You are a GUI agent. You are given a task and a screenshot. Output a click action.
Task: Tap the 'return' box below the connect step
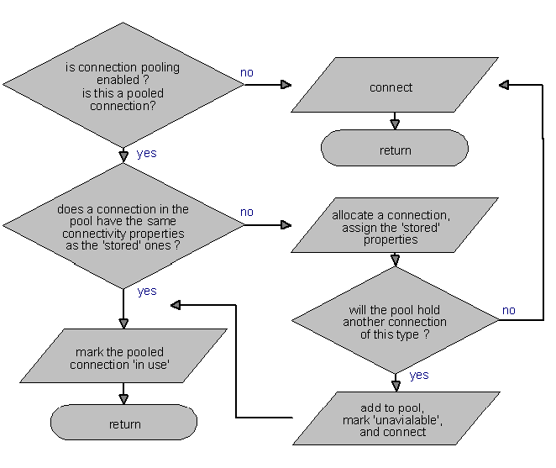395,150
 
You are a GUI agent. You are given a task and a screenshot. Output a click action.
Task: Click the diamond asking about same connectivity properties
123,226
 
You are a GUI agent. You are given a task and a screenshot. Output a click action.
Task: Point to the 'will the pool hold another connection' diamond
395,321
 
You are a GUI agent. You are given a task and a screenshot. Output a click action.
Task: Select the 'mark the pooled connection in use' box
123,358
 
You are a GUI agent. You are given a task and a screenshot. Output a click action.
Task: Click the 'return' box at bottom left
124,424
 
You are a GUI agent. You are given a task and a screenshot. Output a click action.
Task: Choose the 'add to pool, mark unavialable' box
395,418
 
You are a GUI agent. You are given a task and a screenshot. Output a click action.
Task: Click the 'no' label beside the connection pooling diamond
247,73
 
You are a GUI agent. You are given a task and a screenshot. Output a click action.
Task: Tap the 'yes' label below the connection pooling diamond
146,154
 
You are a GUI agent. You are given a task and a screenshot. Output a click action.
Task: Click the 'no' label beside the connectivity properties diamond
247,213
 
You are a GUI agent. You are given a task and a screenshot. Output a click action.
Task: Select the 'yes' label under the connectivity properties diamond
146,291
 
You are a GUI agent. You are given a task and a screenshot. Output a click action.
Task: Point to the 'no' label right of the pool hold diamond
509,310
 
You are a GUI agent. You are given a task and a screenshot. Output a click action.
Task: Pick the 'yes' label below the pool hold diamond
419,376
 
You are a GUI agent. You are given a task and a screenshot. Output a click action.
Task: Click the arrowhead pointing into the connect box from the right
505,85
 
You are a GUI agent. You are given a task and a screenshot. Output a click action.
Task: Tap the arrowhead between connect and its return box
395,124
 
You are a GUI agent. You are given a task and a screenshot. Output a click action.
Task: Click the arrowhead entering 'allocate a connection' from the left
286,225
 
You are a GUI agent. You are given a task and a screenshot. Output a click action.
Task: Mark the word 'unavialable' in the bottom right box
402,418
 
